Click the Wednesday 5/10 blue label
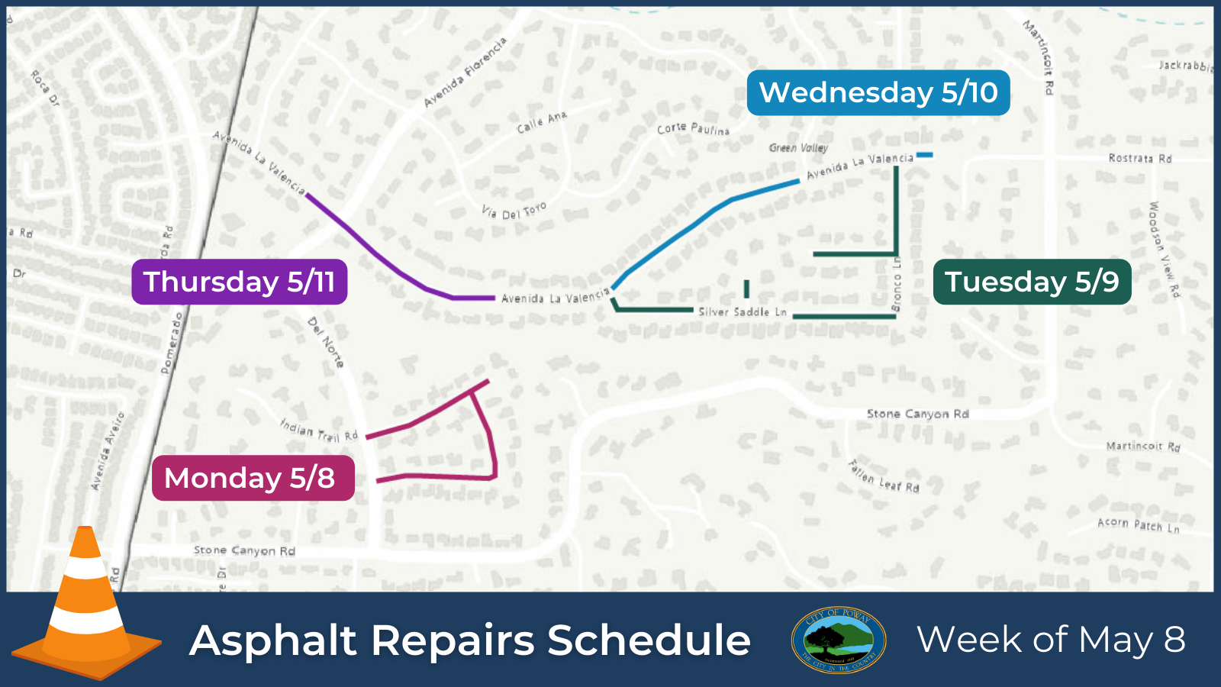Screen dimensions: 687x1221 878,93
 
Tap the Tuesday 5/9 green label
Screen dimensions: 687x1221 1032,282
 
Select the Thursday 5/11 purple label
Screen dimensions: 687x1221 239,282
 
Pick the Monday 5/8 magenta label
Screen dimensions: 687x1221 253,479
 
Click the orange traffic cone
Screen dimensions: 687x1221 85,603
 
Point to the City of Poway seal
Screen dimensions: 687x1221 839,640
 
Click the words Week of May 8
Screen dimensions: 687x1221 1051,640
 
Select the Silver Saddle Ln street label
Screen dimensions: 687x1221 742,311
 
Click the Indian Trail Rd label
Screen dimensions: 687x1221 319,431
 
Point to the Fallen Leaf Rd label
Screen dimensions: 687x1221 884,476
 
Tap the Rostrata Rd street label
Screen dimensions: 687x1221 1139,159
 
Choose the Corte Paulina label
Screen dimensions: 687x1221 693,129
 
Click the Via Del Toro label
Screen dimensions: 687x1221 514,211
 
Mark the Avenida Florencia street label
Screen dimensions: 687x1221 465,73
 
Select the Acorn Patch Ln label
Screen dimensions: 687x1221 1138,525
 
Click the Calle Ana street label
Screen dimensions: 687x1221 542,122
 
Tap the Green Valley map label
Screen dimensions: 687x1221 798,148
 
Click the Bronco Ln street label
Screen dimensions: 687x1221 897,284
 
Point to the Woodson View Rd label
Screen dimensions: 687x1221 1165,249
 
